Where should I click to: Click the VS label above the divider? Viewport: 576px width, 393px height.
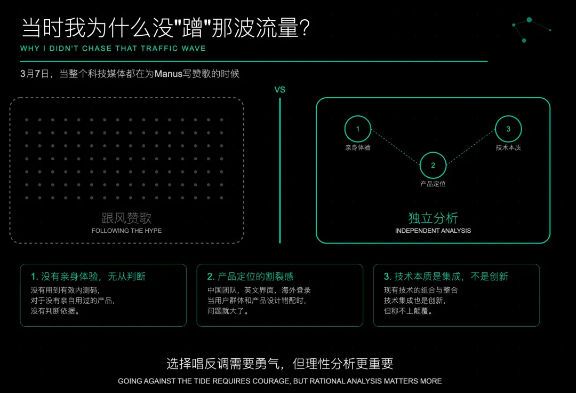280,90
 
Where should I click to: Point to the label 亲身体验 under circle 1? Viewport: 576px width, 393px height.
358,148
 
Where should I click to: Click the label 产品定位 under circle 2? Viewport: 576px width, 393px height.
433,184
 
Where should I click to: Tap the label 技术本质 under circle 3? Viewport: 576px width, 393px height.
508,148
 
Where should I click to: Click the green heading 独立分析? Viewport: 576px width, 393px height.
433,218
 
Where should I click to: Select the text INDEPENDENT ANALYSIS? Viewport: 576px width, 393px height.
433,231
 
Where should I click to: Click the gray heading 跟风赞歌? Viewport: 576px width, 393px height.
126,218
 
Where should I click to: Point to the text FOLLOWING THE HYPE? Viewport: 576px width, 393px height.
126,231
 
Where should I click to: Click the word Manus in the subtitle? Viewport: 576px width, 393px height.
168,74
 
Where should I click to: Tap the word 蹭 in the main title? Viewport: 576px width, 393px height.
192,28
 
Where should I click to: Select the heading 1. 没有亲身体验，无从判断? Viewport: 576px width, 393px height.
88,277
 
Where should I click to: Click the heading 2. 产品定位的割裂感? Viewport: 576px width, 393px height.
250,277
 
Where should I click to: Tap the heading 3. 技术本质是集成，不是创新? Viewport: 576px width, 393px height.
446,277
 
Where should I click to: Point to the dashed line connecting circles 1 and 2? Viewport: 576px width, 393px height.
396,147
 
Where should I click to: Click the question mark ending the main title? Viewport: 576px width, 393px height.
305,28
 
